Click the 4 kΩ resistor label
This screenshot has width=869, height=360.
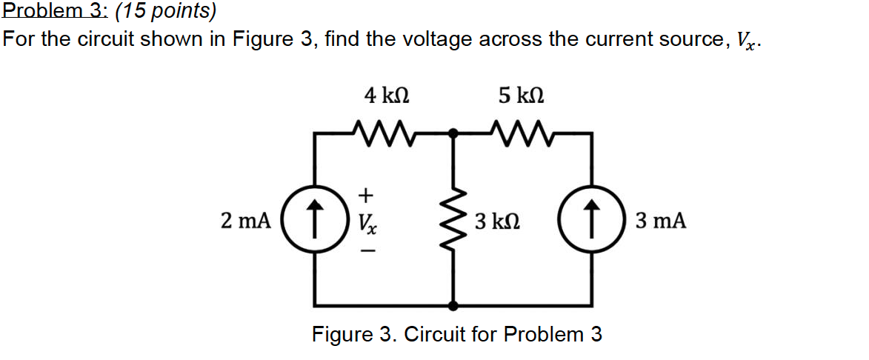click(x=386, y=96)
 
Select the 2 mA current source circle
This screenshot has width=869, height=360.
click(x=316, y=221)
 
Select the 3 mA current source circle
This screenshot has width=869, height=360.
click(x=591, y=221)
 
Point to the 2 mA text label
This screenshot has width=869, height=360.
click(x=246, y=221)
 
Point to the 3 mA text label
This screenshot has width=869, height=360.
click(x=660, y=221)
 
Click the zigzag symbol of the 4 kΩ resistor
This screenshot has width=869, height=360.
click(x=386, y=133)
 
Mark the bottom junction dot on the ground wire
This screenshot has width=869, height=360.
click(x=454, y=305)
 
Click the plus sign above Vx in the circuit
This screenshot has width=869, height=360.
click(x=364, y=195)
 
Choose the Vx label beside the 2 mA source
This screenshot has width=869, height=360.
click(x=366, y=222)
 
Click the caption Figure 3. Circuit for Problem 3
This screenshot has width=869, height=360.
click(x=457, y=335)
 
